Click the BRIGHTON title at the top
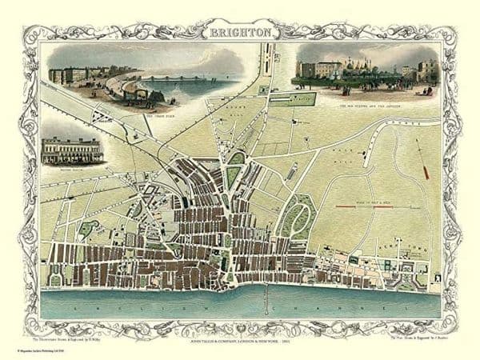239,34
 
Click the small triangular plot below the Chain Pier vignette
99,116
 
